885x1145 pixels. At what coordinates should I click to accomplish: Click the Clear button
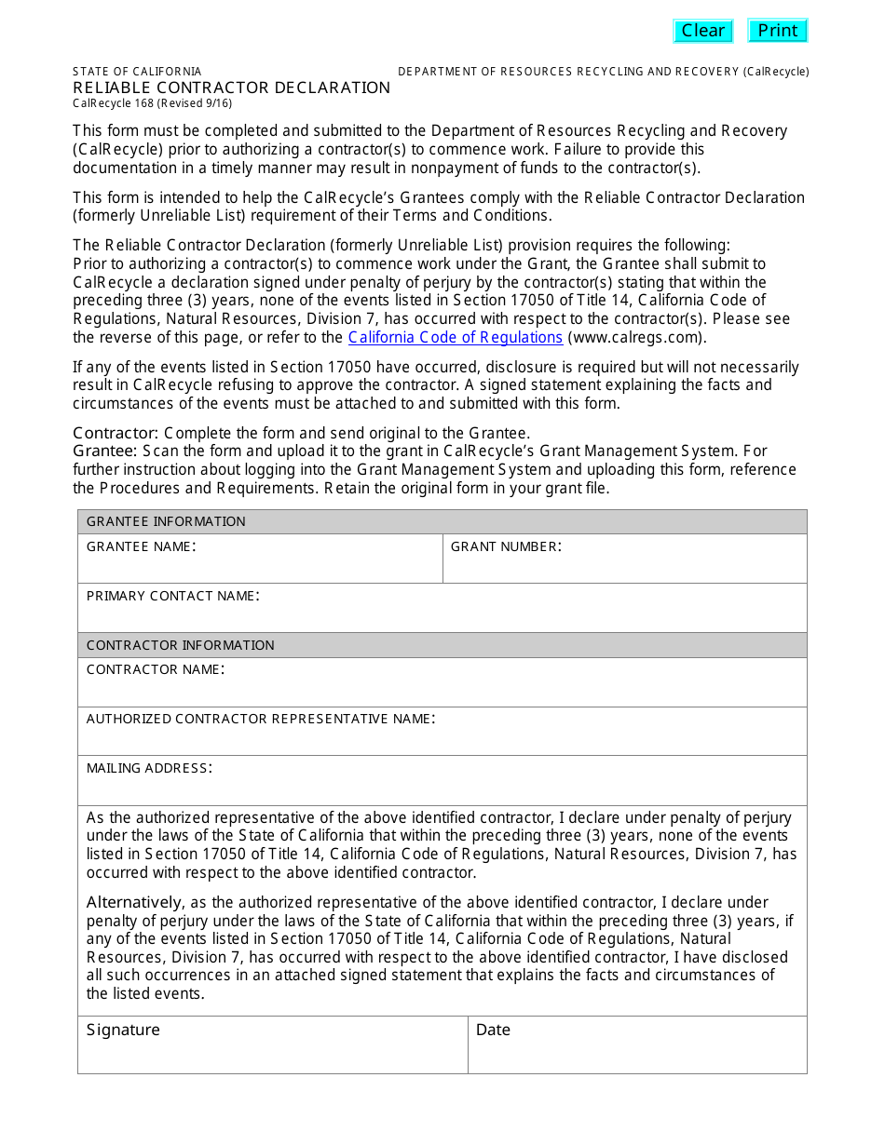702,31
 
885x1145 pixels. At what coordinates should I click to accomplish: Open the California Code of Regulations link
455,337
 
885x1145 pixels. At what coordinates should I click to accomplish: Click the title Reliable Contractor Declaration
231,88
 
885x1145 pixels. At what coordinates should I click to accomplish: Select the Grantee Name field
260,565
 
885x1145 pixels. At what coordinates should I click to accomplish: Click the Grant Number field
624,565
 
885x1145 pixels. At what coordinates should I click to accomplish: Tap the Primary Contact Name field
442,614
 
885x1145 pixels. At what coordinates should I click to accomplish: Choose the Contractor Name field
442,689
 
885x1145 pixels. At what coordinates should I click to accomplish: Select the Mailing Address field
442,788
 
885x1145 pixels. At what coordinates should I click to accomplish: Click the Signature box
272,1052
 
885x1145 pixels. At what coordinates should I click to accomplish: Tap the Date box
637,1052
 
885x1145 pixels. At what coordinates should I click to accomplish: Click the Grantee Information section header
166,521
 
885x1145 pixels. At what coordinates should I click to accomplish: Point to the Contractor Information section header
180,645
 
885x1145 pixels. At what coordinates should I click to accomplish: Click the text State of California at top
137,72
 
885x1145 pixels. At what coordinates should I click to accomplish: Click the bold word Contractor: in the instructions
116,433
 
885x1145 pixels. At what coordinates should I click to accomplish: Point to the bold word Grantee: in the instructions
105,451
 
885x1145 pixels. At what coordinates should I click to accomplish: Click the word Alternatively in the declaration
134,902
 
